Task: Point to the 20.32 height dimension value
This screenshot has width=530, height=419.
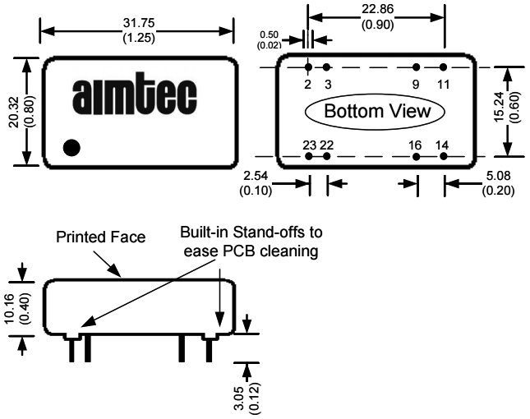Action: pos(18,112)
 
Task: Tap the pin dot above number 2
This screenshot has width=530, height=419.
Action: pos(308,67)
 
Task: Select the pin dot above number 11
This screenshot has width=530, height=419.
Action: pos(444,67)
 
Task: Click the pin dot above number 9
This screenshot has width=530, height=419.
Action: pos(417,67)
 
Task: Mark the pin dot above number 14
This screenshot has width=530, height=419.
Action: pos(444,156)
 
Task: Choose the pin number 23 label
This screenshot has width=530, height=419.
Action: pos(309,145)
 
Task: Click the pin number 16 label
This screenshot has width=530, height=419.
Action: pos(416,145)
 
